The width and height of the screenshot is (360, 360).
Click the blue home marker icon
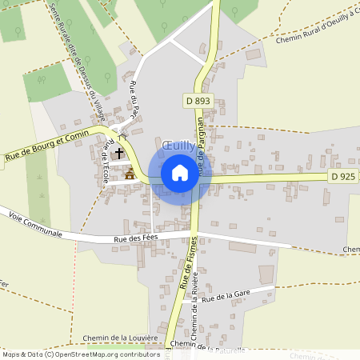180,173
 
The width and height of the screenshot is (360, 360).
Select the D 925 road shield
341,175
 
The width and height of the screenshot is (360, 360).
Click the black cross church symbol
120,152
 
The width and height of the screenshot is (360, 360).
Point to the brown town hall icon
130,172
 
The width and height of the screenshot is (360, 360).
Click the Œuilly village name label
178,146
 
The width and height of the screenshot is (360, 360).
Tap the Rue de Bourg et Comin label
45,146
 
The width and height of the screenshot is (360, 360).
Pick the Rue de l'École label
105,160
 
